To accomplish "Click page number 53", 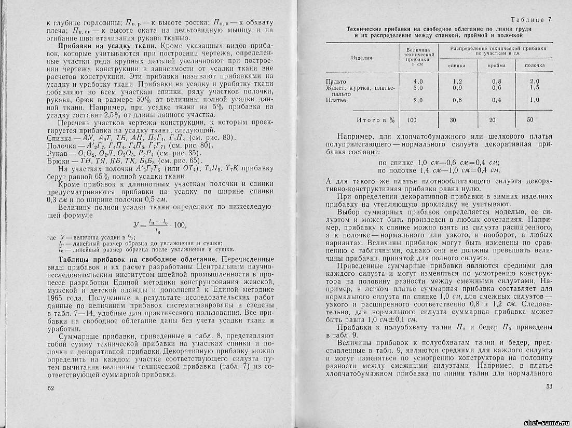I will (550, 386).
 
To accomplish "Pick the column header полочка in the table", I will (534, 66).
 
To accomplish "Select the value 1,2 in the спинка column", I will (457, 82).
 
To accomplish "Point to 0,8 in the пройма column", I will (496, 82).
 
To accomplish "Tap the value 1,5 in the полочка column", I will (534, 88).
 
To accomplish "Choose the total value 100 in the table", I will (412, 120).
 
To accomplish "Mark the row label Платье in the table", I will (336, 100).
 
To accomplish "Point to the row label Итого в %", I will (374, 120).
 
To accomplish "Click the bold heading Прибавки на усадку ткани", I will (101, 46).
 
